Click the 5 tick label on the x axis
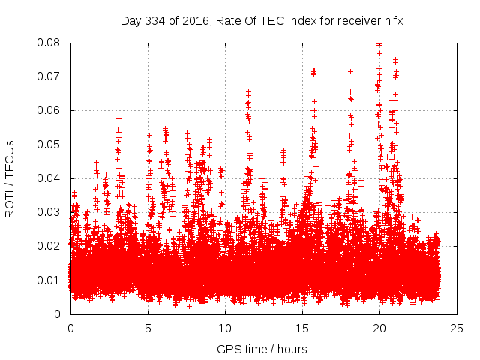tap(148, 328)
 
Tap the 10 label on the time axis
tap(225, 328)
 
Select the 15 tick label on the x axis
tap(302, 328)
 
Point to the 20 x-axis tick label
tap(379, 328)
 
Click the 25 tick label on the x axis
tap(457, 328)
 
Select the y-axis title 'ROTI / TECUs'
tap(10, 178)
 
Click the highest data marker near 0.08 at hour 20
tap(379, 44)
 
